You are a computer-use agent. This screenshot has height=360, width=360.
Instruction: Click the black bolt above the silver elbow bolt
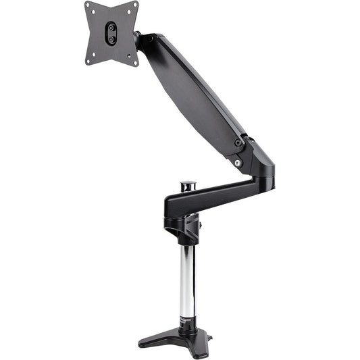[238, 143]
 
